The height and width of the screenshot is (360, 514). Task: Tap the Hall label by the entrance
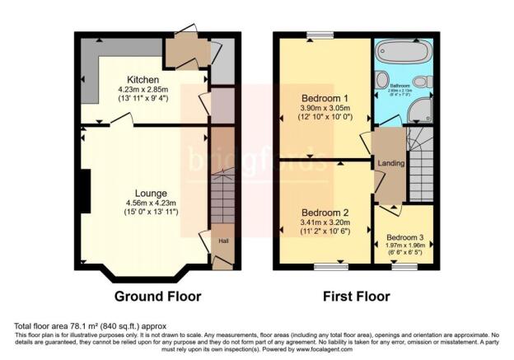click(x=222, y=241)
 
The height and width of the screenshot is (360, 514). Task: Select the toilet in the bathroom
click(x=421, y=82)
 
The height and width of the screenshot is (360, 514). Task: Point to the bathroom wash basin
click(x=381, y=81)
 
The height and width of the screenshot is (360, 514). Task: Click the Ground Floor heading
click(x=157, y=297)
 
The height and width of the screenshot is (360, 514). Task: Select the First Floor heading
click(x=357, y=297)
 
